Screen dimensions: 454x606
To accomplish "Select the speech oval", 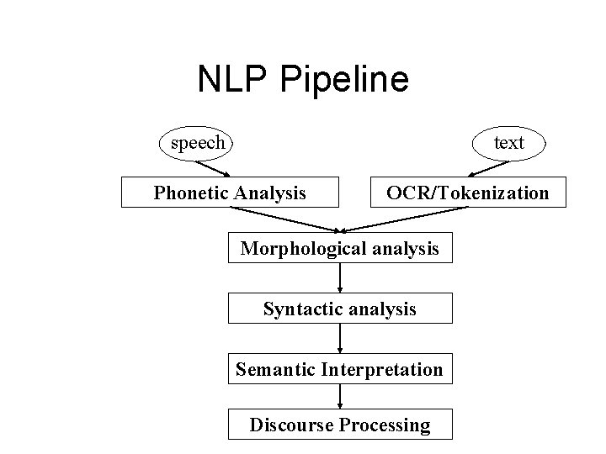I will click(x=198, y=142).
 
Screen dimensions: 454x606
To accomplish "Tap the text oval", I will click(x=508, y=142).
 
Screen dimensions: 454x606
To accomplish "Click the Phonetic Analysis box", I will click(x=230, y=193).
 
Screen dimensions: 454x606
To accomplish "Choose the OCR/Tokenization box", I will click(x=467, y=193).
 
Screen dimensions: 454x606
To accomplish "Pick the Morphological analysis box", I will click(x=339, y=248).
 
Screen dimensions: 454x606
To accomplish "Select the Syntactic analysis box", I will click(x=339, y=309).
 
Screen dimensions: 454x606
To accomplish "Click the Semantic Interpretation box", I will click(x=339, y=369).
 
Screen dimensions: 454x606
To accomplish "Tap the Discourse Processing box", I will click(x=339, y=425).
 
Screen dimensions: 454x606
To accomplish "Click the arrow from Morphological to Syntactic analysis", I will click(x=339, y=278).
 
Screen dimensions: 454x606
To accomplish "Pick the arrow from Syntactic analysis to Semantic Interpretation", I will click(x=339, y=339).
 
